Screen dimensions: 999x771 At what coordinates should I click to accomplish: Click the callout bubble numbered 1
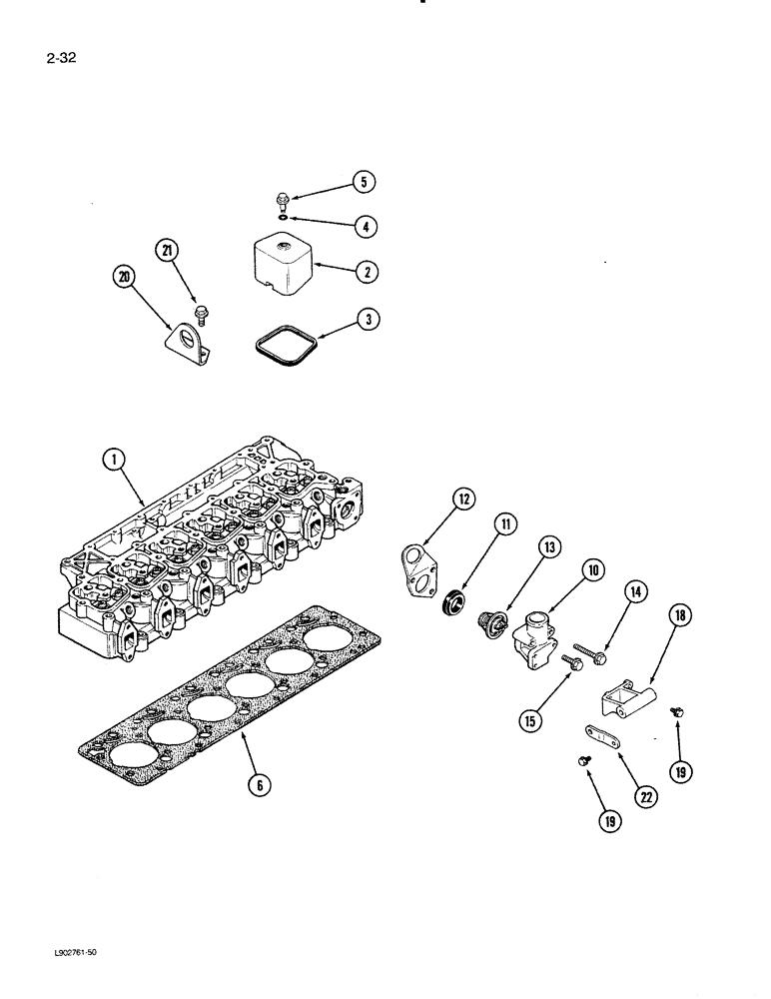point(117,461)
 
